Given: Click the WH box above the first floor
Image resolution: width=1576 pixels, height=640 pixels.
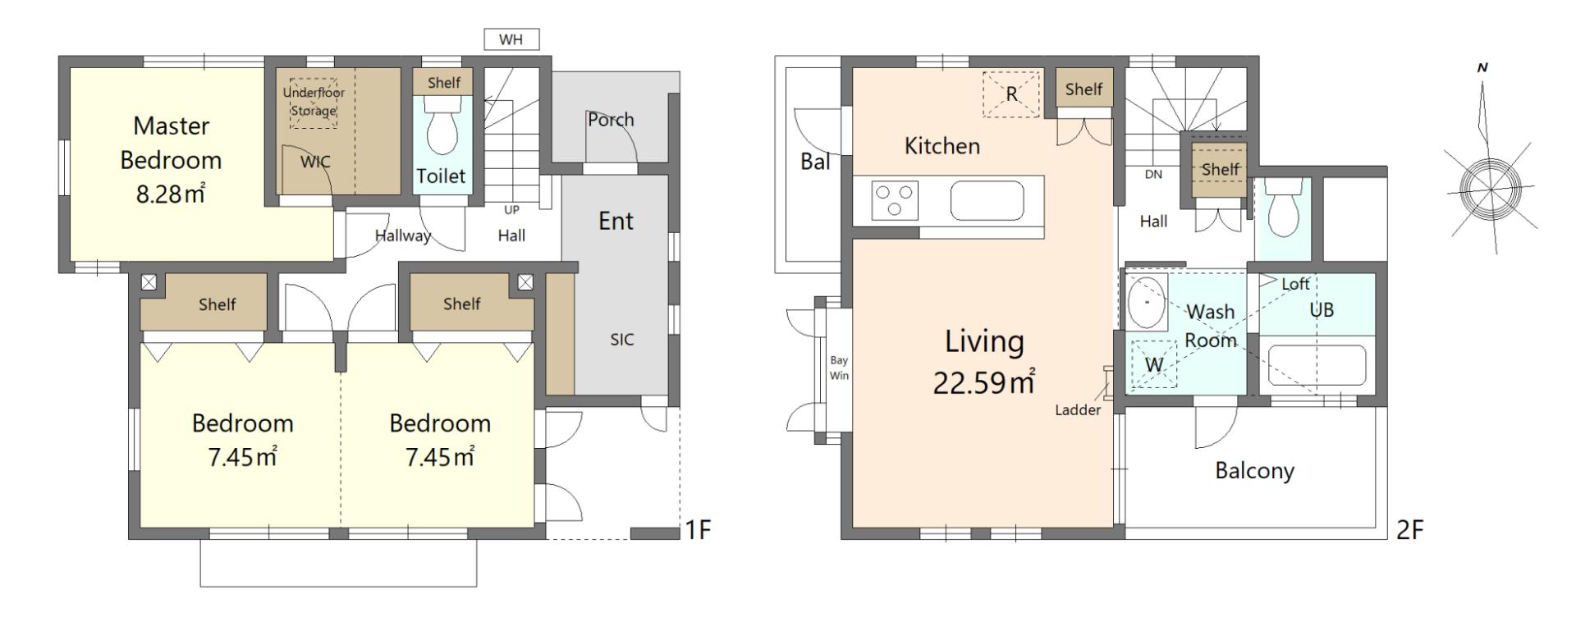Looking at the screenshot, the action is tap(511, 39).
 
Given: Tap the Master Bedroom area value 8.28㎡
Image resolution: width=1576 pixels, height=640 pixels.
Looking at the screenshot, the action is tap(171, 194).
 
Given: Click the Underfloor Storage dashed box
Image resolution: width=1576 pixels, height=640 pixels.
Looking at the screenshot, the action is tap(313, 103).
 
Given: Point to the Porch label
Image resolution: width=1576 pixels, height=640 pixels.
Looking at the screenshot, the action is tap(611, 120).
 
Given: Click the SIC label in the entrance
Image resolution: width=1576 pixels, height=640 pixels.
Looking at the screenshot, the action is tap(621, 340).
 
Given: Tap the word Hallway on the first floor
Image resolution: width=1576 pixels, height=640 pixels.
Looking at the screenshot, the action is tap(403, 236).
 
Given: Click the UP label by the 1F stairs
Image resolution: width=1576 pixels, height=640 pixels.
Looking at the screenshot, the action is tap(511, 210).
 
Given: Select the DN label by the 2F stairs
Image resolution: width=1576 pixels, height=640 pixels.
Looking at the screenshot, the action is tap(1153, 175).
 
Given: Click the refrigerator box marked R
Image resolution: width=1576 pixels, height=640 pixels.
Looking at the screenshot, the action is tap(1011, 94).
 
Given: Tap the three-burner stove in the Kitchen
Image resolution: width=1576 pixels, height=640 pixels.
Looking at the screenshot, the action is tap(895, 201).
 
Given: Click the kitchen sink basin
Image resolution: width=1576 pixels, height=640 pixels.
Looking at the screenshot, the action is tap(987, 201).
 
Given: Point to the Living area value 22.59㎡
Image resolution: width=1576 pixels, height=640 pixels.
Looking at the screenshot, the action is tap(983, 382).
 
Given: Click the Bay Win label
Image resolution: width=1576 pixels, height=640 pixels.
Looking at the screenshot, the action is tap(839, 368).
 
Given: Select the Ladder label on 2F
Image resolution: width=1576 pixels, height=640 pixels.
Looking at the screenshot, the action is tap(1078, 410).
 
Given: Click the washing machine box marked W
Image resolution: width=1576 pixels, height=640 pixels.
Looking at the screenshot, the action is tap(1154, 363).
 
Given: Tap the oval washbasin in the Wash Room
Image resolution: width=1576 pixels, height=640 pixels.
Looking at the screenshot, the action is tap(1146, 301).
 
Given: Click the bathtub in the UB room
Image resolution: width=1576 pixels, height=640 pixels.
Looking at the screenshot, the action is tap(1317, 366).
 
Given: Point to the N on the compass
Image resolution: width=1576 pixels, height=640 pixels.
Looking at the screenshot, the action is tap(1482, 68).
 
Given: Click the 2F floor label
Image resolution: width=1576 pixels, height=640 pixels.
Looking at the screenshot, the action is tap(1409, 530).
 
